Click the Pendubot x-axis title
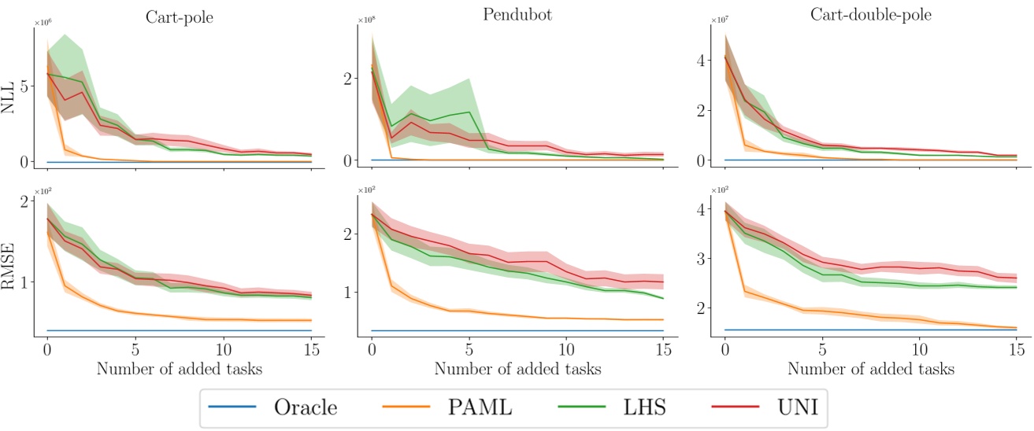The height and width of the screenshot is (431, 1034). pos(517,368)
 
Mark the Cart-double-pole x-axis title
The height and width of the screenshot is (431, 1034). pos(871,368)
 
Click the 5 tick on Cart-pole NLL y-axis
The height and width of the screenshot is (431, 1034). pos(24,87)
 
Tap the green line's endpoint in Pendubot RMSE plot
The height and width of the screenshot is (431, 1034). pos(663,299)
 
